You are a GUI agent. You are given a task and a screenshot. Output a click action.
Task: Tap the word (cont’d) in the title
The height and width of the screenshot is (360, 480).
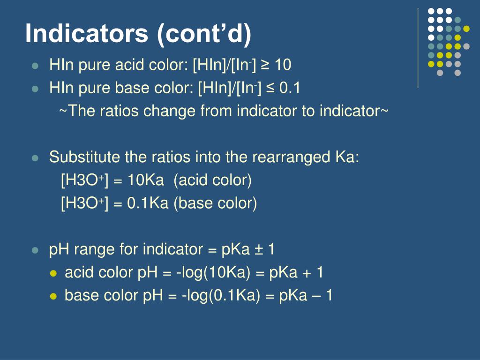[x=205, y=34]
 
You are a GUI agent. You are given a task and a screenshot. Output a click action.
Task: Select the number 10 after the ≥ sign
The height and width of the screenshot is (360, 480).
[x=283, y=65]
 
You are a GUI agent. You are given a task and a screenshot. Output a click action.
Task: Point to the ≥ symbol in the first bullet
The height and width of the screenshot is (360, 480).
[x=265, y=65]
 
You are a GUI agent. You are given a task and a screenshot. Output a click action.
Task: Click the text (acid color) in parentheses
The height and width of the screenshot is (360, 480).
[x=212, y=180]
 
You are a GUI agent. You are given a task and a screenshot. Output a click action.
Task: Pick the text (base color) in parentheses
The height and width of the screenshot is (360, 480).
[x=215, y=203]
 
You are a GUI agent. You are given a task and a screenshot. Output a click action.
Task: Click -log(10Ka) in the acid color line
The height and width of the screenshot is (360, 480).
[x=218, y=272]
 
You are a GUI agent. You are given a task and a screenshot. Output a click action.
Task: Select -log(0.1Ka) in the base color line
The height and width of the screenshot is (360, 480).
[x=221, y=295]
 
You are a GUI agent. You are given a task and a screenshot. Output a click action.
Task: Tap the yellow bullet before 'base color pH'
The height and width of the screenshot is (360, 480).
[x=53, y=296]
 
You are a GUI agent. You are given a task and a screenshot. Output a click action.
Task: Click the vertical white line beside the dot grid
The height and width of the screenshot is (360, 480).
[x=418, y=47]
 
